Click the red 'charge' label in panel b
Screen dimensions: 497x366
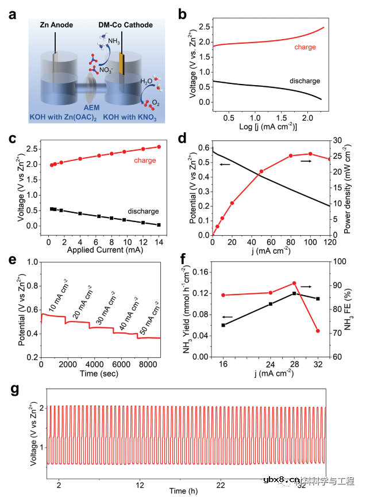[305, 47]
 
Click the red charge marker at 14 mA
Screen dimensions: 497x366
[159, 147]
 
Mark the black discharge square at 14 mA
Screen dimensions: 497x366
[159, 224]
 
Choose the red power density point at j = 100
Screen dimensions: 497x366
[310, 154]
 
